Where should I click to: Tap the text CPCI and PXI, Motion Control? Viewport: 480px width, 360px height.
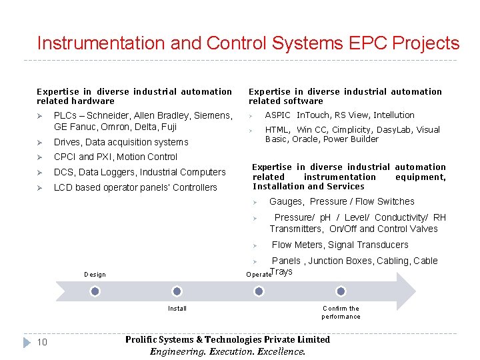(115, 157)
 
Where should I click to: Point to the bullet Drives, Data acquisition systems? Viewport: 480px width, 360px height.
(121, 142)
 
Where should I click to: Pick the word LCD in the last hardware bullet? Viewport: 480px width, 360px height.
(63, 188)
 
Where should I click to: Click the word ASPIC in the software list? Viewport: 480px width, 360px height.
(278, 115)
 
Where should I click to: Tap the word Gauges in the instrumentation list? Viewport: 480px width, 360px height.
(286, 202)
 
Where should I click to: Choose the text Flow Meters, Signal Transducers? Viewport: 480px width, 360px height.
(340, 245)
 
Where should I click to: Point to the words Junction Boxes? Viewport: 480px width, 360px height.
(339, 261)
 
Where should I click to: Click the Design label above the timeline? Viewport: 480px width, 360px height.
(95, 275)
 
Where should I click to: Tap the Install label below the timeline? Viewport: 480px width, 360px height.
(177, 309)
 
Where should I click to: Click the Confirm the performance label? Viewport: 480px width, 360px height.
(341, 312)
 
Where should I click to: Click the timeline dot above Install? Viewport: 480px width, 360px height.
(177, 291)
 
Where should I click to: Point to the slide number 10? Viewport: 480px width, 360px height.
(41, 343)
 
